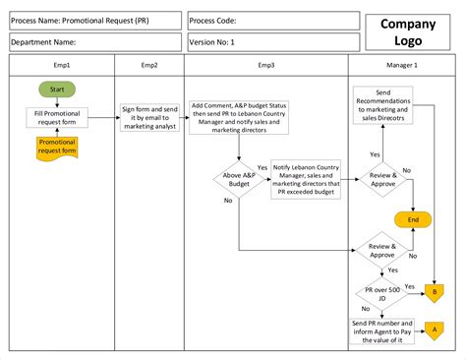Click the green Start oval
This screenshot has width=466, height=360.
coord(57,90)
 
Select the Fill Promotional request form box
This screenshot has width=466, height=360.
coord(57,118)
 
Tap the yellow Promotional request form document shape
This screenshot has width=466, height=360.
coord(57,148)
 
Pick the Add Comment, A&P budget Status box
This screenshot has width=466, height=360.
coord(240,117)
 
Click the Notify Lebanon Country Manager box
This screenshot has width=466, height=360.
coord(306,180)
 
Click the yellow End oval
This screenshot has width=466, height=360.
coord(413,219)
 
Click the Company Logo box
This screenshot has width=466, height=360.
coord(407,31)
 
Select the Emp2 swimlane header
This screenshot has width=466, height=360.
coord(149,64)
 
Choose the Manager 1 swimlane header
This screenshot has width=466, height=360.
coord(402,64)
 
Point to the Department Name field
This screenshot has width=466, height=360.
coord(94,41)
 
